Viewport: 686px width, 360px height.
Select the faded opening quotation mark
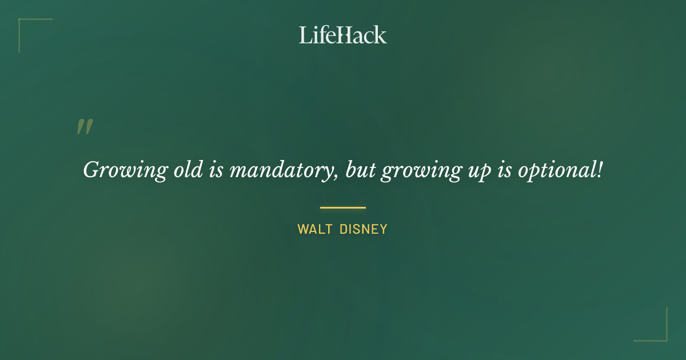(x=85, y=127)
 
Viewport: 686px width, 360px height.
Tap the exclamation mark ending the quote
(x=599, y=169)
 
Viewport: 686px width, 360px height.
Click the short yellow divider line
(x=343, y=207)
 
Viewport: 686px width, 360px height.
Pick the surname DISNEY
(x=364, y=230)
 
